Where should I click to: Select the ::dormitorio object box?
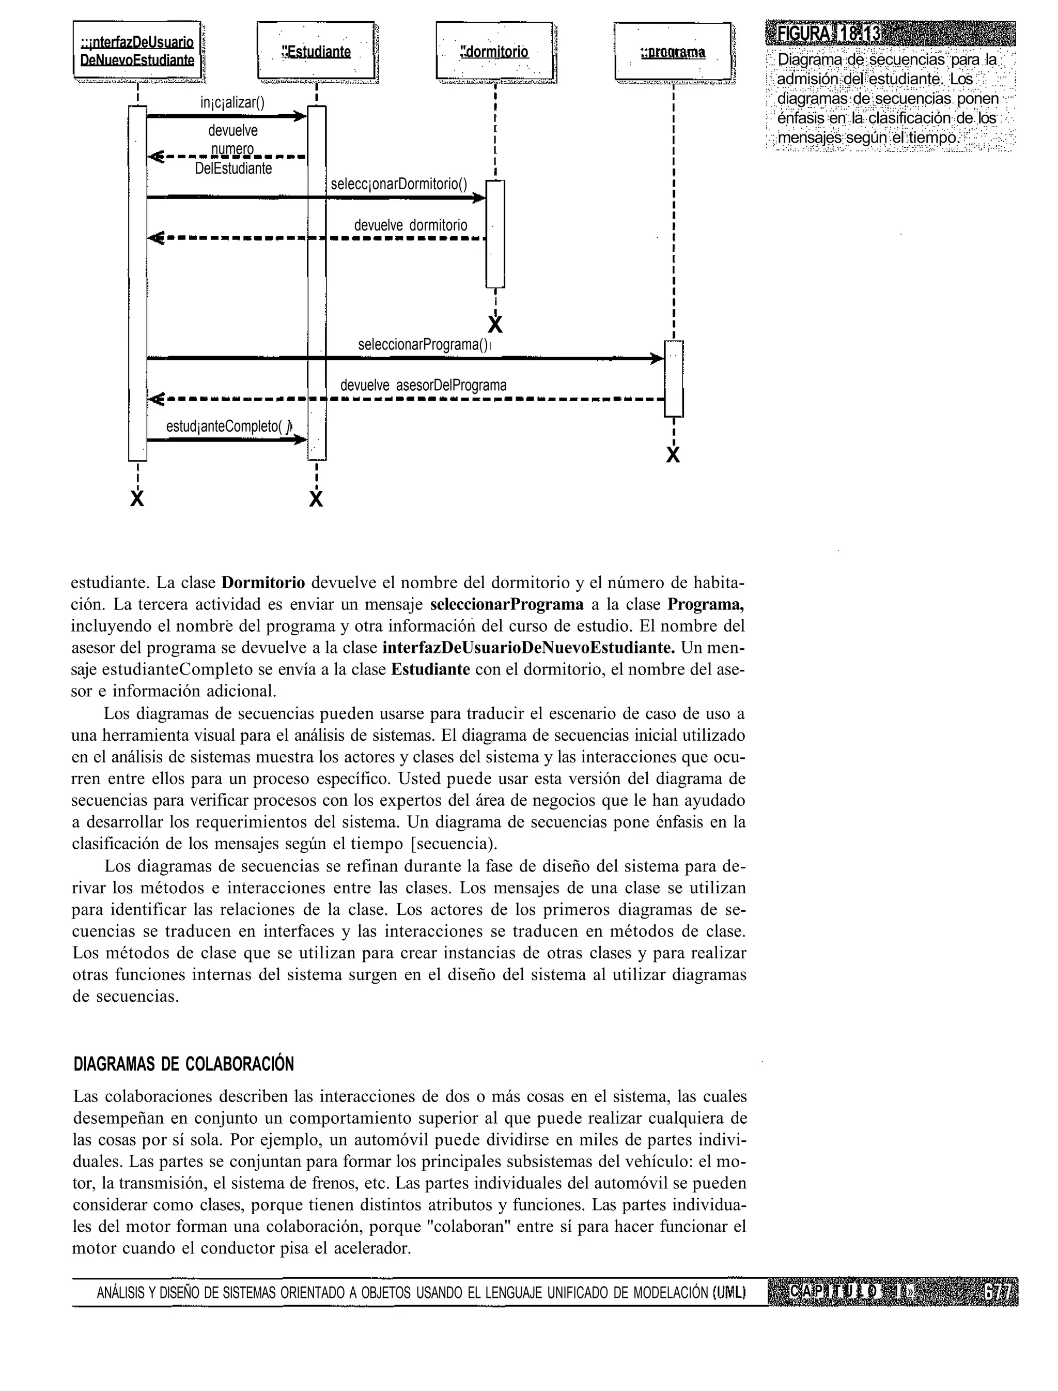pos(494,51)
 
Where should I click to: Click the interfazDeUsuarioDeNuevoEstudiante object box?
pos(137,51)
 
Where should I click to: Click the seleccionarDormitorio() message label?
pos(399,184)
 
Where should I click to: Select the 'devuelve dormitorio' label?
pos(411,225)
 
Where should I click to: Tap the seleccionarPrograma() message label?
pos(423,345)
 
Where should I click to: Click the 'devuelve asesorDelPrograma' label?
pos(423,385)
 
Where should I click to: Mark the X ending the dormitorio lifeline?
pos(495,325)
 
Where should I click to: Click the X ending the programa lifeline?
pos(673,455)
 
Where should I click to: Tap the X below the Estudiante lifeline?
pos(316,499)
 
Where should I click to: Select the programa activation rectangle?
pos(673,378)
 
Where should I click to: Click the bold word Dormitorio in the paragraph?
pos(264,582)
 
